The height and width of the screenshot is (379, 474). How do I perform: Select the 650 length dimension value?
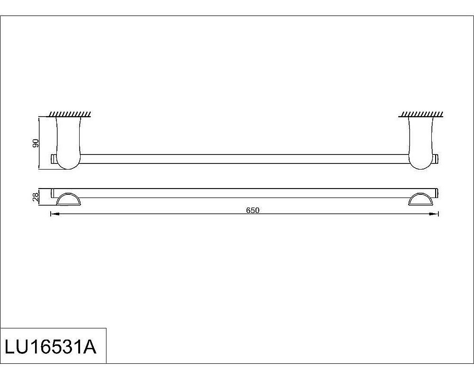pyautogui.click(x=253, y=210)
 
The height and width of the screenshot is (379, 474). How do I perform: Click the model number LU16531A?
pyautogui.click(x=50, y=346)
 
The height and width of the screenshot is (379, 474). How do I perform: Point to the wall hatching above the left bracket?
pyautogui.click(x=70, y=114)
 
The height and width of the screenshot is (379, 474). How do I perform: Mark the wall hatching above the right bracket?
pyautogui.click(x=421, y=114)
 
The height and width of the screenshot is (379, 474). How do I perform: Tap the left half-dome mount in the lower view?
pyautogui.click(x=69, y=199)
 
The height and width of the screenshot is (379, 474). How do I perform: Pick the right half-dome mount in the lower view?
pyautogui.click(x=422, y=199)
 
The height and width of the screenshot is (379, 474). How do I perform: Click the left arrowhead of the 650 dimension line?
pyautogui.click(x=54, y=215)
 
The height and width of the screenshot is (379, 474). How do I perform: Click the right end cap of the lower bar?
pyautogui.click(x=437, y=192)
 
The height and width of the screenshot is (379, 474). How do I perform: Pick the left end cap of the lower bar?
pyautogui.click(x=53, y=193)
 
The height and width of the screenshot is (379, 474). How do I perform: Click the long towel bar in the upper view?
pyautogui.click(x=244, y=159)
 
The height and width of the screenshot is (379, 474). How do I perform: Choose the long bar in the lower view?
pyautogui.click(x=244, y=192)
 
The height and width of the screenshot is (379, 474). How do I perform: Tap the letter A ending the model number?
pyautogui.click(x=89, y=346)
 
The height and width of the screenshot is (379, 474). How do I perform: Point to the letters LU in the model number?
pyautogui.click(x=16, y=346)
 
